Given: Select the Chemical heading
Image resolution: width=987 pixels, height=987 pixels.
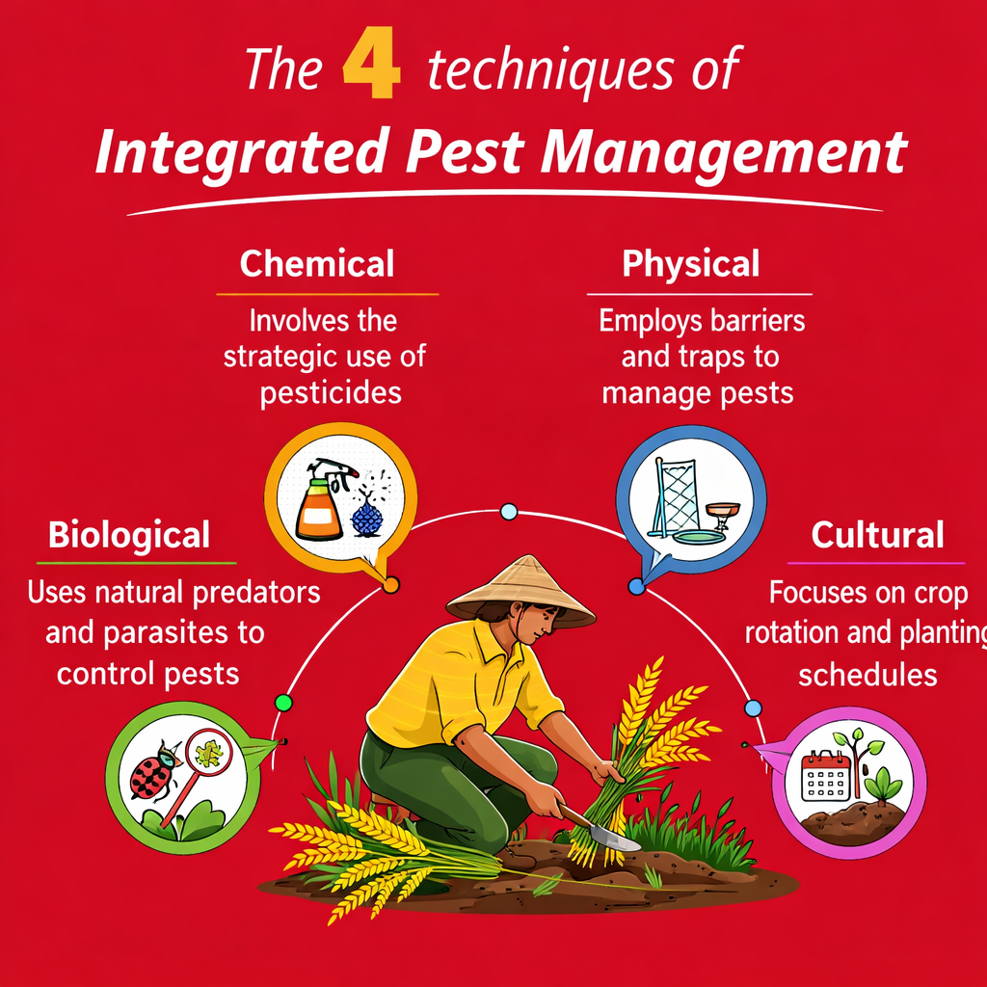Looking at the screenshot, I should click(x=317, y=263).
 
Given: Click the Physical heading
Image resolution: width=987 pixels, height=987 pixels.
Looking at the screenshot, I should click(x=691, y=263).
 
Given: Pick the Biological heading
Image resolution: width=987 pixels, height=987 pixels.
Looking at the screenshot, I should click(x=129, y=534).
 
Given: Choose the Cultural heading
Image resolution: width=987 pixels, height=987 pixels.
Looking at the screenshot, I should click(x=877, y=534).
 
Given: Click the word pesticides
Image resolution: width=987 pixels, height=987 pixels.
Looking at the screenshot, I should click(x=331, y=393).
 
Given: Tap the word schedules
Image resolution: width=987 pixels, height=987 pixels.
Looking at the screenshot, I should click(x=867, y=674).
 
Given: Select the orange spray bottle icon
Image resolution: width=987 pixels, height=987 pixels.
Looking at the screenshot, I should click(x=319, y=507).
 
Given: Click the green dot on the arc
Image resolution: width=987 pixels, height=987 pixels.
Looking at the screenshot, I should click(x=282, y=703).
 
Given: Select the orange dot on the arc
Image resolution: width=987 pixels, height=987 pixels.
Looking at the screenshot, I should click(x=390, y=584).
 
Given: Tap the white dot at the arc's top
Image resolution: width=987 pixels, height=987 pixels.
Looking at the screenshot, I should click(x=509, y=512).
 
